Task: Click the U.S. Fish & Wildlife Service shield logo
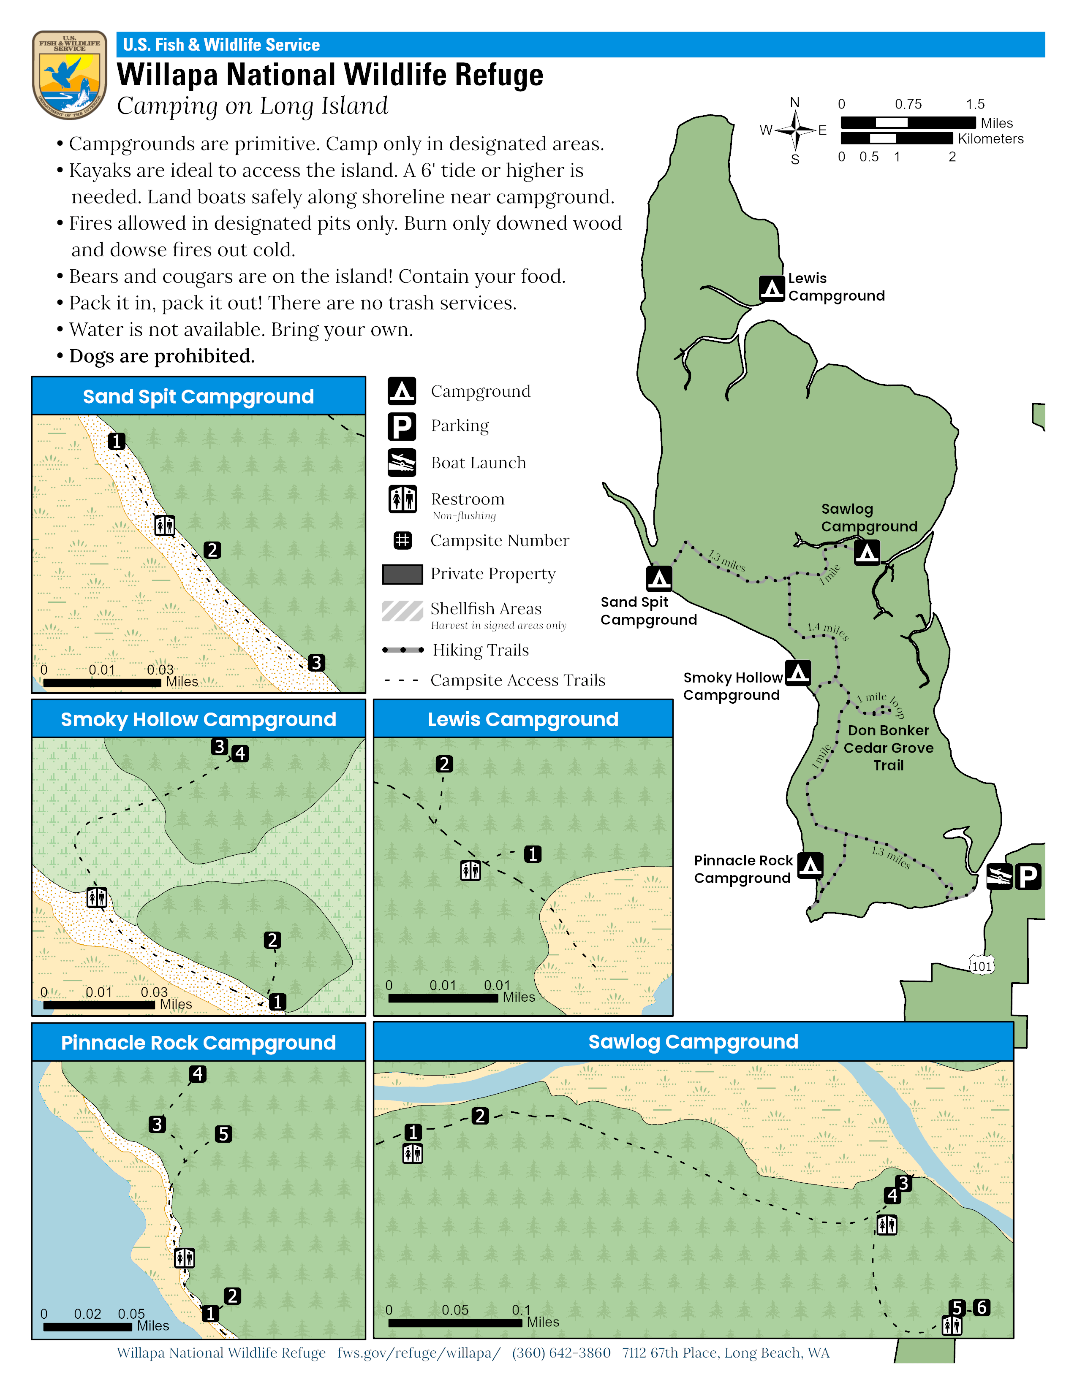[70, 75]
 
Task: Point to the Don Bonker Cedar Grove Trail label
[888, 748]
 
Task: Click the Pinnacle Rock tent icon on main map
[810, 865]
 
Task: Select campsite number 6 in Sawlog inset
[982, 1307]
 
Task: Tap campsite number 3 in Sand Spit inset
[316, 663]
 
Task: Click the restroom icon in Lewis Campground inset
[470, 870]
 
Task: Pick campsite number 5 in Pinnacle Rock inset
[223, 1133]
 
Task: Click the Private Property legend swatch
[402, 574]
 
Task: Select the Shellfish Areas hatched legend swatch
[402, 610]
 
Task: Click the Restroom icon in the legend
[402, 499]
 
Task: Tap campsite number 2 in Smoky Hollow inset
[272, 940]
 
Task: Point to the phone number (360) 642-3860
[561, 1353]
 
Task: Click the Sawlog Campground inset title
[693, 1041]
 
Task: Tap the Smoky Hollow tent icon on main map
[798, 672]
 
